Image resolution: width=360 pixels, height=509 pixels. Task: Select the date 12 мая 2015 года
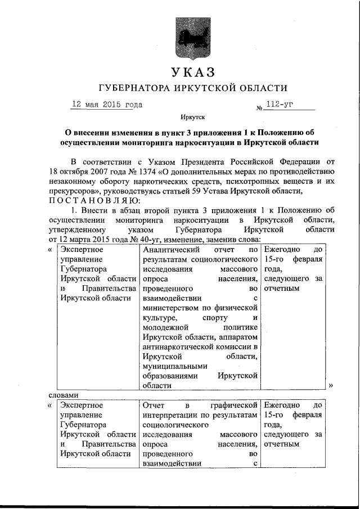tap(107, 105)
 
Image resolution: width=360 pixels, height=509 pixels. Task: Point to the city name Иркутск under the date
tap(192, 118)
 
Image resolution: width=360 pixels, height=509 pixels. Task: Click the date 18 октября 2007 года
tap(83, 172)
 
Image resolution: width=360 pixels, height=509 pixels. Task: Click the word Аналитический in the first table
tap(172, 249)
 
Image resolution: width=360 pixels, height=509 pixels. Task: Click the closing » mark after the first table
tap(331, 386)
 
